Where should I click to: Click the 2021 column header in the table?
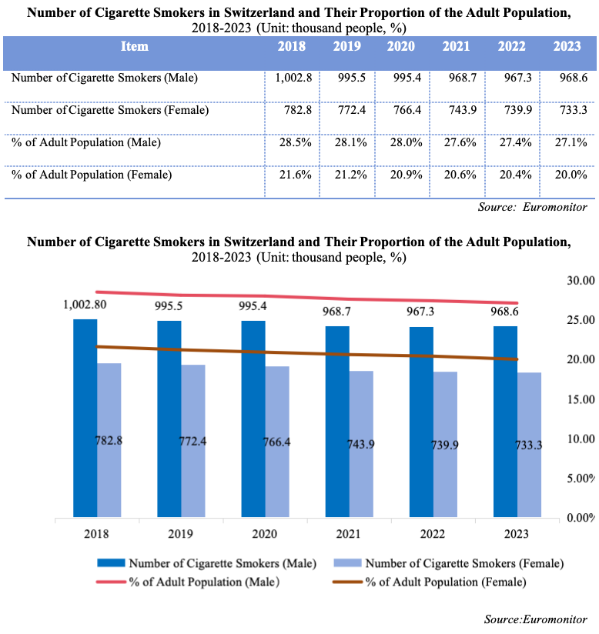coord(456,46)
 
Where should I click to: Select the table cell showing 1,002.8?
coord(289,78)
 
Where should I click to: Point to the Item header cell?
coord(135,46)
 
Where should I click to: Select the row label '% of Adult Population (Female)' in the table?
coord(92,175)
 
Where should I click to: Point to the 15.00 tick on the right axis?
coord(580,399)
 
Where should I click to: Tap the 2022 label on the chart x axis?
coord(433,534)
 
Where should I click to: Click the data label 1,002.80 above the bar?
coord(85,305)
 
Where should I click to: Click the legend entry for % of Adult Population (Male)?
coord(204,582)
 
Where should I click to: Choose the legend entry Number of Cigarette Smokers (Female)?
coord(464,563)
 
